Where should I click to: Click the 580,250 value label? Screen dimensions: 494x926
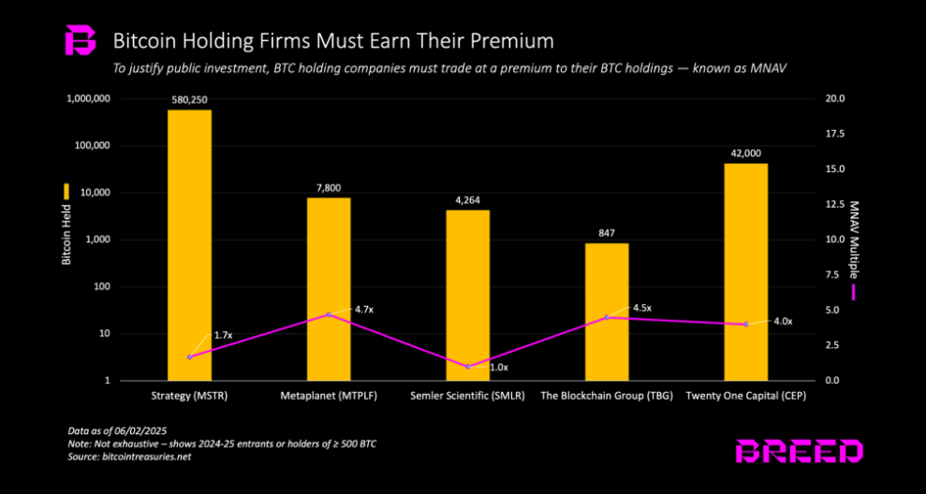coord(189,99)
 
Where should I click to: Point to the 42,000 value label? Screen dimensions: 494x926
coord(745,153)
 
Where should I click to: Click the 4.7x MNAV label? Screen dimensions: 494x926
coord(363,308)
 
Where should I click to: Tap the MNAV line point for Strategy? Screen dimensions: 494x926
coord(189,356)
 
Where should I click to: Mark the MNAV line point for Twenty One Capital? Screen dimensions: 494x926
coord(745,325)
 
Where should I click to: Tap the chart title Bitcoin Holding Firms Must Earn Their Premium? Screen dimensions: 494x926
coord(332,41)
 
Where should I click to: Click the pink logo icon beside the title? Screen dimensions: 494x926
coord(80,42)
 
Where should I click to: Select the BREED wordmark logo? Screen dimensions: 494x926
coord(799,452)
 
